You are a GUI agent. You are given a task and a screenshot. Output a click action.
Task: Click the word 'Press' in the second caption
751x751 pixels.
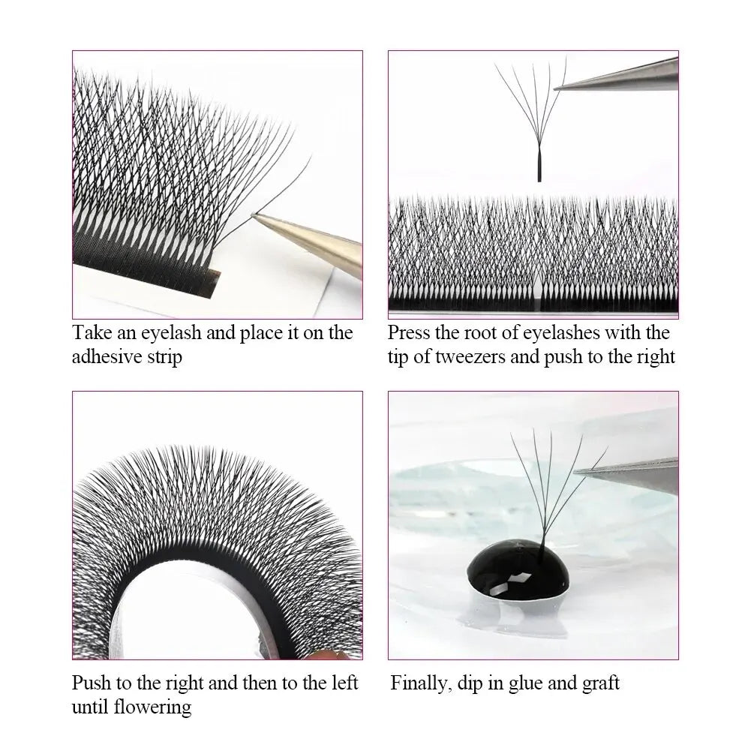(x=410, y=332)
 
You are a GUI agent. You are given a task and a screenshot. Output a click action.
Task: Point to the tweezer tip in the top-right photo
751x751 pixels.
(x=558, y=86)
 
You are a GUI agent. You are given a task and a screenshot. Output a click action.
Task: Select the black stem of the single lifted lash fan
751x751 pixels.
(x=539, y=164)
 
